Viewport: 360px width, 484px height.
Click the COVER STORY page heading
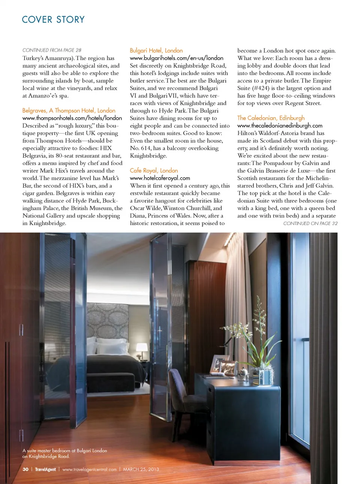click(x=53, y=20)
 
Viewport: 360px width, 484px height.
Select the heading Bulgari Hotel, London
click(x=156, y=50)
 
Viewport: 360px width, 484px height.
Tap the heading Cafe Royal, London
click(x=154, y=170)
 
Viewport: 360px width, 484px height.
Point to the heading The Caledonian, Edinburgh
click(x=271, y=118)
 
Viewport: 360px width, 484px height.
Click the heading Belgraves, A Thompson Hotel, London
click(x=69, y=110)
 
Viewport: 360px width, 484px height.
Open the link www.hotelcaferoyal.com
click(x=160, y=178)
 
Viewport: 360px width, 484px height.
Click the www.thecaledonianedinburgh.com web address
click(x=280, y=125)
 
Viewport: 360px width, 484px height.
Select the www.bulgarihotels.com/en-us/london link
click(x=176, y=58)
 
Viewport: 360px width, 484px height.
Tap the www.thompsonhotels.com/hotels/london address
click(x=72, y=118)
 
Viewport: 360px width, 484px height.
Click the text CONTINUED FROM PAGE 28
click(x=52, y=50)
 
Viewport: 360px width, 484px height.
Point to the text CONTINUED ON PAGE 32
click(x=310, y=223)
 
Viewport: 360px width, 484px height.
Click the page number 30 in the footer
click(x=25, y=469)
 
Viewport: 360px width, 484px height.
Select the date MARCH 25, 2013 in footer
click(x=141, y=469)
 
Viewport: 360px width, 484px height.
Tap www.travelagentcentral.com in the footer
click(x=89, y=469)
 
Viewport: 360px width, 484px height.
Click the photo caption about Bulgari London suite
click(x=64, y=453)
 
